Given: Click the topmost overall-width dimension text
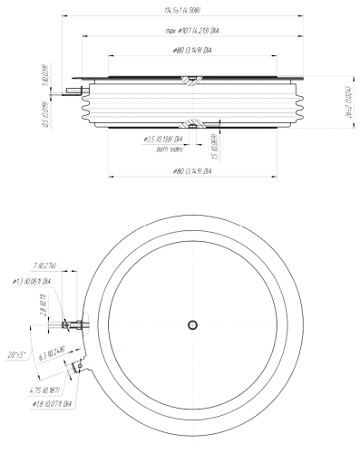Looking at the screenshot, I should (x=182, y=9).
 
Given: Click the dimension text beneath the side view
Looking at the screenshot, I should (x=190, y=170).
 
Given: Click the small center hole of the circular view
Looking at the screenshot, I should (x=193, y=324).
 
